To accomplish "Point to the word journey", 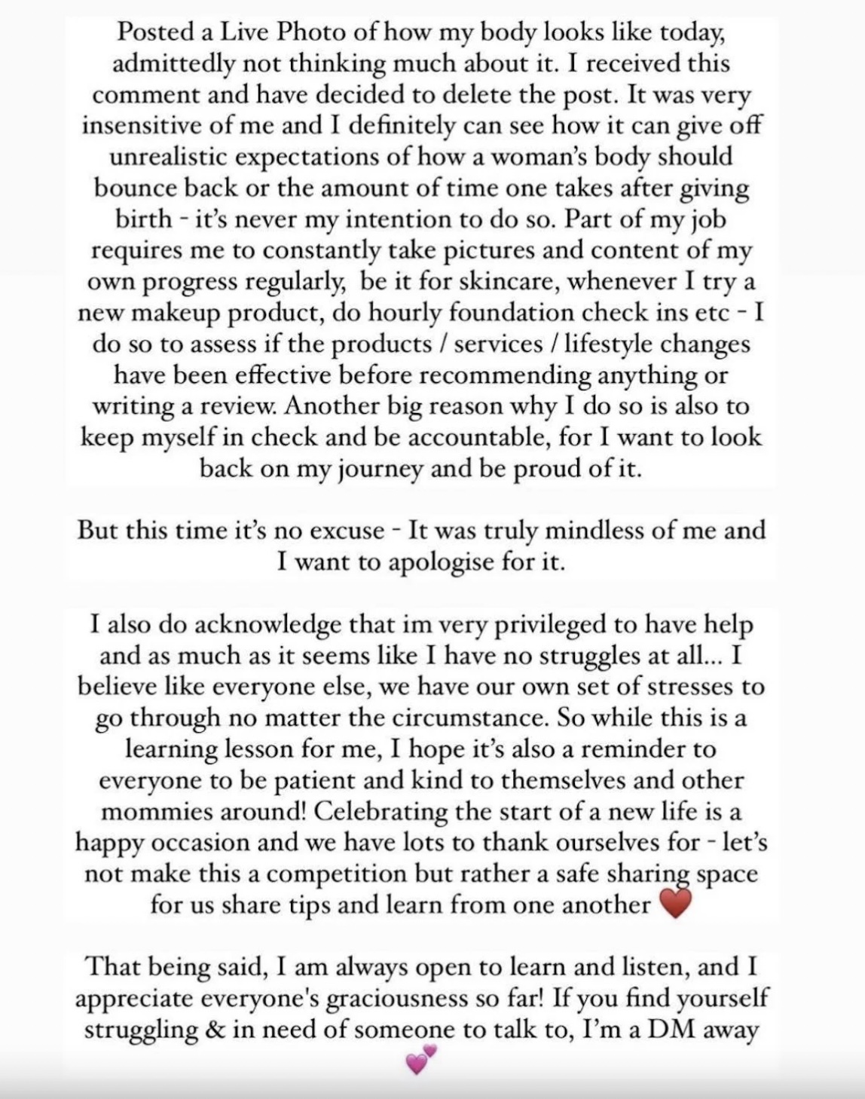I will pos(368,469).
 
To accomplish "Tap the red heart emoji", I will pos(674,904).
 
